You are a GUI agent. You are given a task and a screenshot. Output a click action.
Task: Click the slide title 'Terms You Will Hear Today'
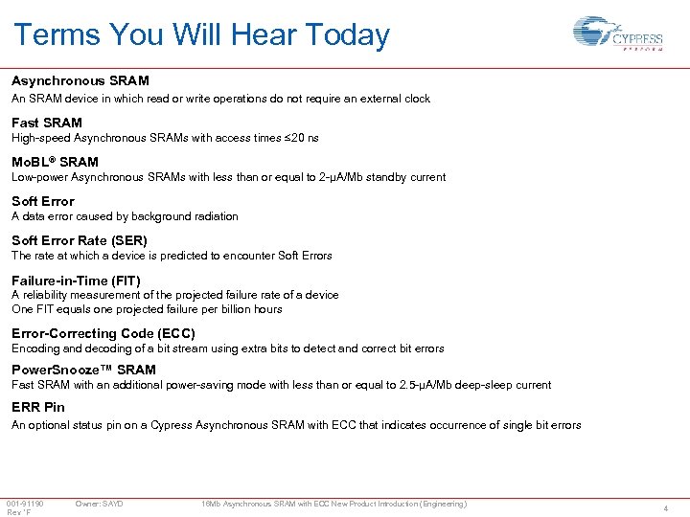coord(201,35)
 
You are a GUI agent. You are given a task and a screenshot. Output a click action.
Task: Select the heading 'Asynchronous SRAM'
coord(80,81)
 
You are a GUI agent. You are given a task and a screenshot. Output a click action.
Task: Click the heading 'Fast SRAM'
coord(47,123)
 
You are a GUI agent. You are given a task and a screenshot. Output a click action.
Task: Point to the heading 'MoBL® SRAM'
coord(55,162)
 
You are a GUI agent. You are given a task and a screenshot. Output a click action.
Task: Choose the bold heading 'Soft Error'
coord(43,201)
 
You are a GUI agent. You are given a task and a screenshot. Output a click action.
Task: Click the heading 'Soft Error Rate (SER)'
coord(80,240)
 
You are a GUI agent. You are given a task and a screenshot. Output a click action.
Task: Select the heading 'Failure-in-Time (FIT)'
coord(76,281)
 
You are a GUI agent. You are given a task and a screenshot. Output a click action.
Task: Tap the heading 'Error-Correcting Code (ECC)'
coord(103,333)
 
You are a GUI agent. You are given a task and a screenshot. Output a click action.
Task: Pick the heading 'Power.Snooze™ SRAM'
coord(83,370)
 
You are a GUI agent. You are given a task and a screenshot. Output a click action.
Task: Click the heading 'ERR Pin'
coord(38,407)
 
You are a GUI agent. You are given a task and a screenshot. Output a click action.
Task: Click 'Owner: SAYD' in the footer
coord(99,504)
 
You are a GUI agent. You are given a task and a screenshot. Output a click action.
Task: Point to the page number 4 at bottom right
coord(665,508)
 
